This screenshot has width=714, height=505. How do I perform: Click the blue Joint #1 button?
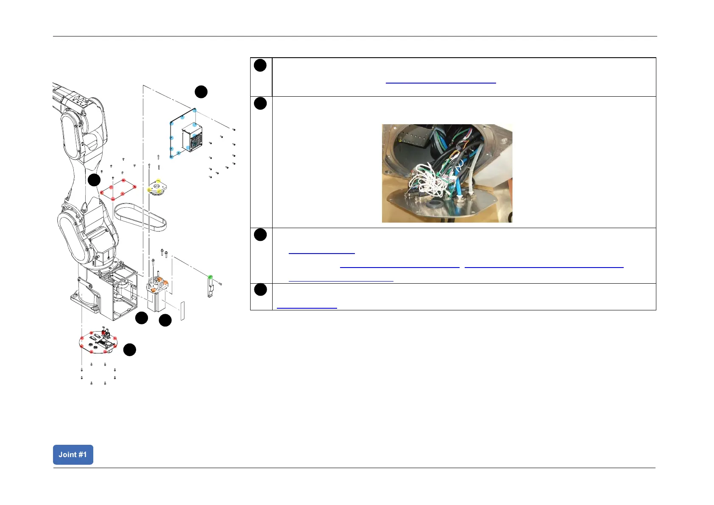click(73, 455)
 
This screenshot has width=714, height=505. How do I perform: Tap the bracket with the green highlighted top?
click(210, 286)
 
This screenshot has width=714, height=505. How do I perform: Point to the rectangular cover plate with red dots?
click(118, 190)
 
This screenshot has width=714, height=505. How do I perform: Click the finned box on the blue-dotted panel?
click(192, 138)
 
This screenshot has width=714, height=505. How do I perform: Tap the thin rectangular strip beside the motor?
click(183, 310)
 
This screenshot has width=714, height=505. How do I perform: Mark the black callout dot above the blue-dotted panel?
click(201, 92)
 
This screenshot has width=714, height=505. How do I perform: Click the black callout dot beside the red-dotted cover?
click(94, 180)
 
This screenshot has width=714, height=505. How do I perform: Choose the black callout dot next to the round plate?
click(130, 350)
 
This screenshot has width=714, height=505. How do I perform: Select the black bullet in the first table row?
click(260, 65)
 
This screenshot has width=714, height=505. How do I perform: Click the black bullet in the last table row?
click(260, 290)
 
